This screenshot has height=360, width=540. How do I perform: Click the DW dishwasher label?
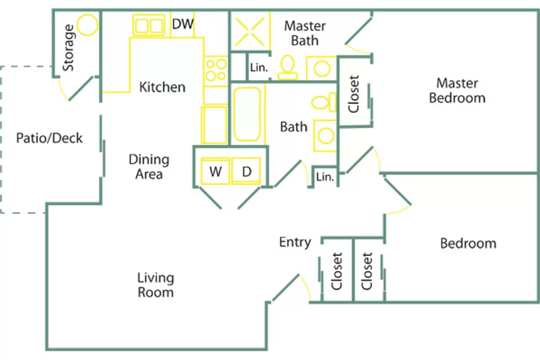click(x=183, y=24)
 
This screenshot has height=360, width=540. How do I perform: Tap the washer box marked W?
click(x=215, y=171)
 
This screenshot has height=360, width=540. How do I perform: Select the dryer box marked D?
click(x=246, y=171)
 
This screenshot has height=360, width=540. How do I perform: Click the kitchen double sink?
click(x=148, y=25)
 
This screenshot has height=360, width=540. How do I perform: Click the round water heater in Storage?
click(x=87, y=25)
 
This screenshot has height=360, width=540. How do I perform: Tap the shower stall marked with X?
click(x=250, y=32)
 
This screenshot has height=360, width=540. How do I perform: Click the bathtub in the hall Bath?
click(x=247, y=114)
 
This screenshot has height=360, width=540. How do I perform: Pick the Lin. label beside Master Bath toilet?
click(x=259, y=67)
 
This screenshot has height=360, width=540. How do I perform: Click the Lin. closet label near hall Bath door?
click(x=325, y=177)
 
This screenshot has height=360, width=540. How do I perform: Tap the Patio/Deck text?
click(x=49, y=138)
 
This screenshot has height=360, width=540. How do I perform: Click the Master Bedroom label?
click(x=457, y=90)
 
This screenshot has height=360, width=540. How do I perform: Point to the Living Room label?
click(x=156, y=285)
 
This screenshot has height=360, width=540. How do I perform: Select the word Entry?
click(x=295, y=242)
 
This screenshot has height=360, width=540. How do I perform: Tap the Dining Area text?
click(x=149, y=167)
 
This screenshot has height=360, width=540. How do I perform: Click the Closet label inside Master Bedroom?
click(x=353, y=94)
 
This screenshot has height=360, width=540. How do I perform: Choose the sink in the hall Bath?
click(x=325, y=136)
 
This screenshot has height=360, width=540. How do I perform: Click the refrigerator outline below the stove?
click(x=214, y=125)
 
